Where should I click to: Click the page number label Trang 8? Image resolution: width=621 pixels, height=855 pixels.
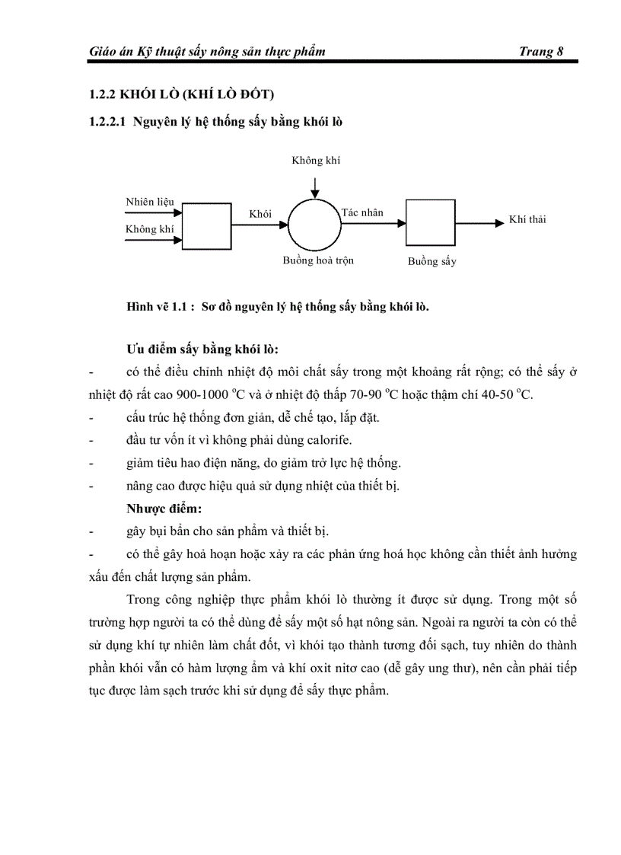click(540, 52)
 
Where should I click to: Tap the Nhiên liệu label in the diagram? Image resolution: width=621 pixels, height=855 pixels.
click(150, 202)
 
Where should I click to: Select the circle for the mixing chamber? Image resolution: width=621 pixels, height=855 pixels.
click(314, 224)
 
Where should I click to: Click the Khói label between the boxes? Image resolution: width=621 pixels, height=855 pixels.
click(260, 214)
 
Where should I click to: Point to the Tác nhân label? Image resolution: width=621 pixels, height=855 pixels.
click(362, 212)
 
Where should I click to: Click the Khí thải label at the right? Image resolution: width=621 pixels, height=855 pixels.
click(527, 220)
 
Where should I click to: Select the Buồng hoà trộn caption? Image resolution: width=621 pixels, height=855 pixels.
click(318, 260)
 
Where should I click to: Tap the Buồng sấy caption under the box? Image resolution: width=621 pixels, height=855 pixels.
click(432, 261)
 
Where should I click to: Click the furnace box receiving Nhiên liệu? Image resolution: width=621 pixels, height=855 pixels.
click(206, 227)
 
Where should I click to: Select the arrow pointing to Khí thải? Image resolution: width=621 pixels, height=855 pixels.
click(479, 223)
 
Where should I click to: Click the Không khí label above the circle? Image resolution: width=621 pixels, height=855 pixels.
click(316, 160)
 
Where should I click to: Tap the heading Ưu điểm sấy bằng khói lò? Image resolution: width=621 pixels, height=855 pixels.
click(202, 350)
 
